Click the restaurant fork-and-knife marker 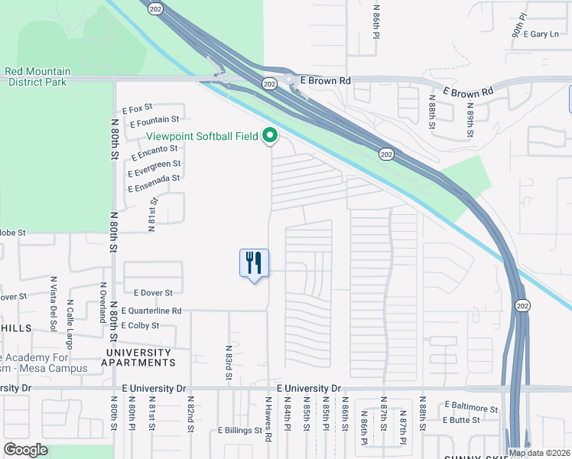click(254, 264)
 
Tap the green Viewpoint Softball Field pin click(270, 137)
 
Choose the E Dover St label click(153, 292)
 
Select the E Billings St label click(239, 431)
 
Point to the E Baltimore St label click(469, 409)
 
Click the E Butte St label click(461, 420)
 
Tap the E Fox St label click(138, 109)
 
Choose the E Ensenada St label click(154, 178)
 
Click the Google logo click(25, 450)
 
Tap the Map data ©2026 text click(539, 453)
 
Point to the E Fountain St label click(154, 120)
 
